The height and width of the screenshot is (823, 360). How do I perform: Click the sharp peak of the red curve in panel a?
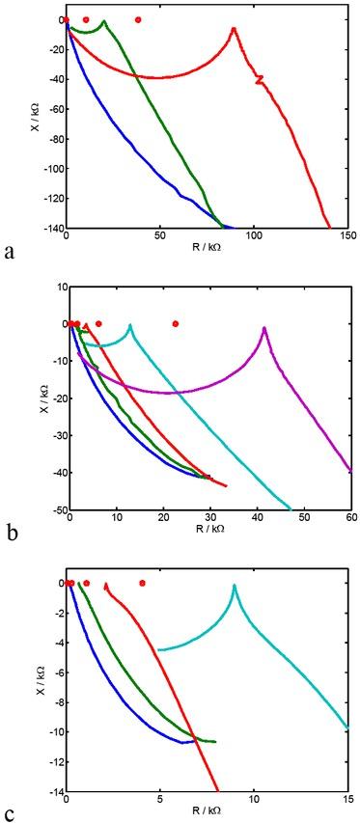234,29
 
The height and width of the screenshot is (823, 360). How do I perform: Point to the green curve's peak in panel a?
103,21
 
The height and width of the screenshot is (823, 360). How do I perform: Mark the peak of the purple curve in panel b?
264,329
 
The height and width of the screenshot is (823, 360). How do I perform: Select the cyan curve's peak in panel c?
235,586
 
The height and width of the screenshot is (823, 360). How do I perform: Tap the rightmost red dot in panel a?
138,19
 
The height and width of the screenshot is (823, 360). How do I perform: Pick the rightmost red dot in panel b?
175,323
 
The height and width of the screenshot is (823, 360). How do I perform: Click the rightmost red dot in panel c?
142,583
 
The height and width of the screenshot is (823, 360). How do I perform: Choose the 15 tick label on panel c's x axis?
347,798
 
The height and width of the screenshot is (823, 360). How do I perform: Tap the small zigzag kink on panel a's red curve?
259,80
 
